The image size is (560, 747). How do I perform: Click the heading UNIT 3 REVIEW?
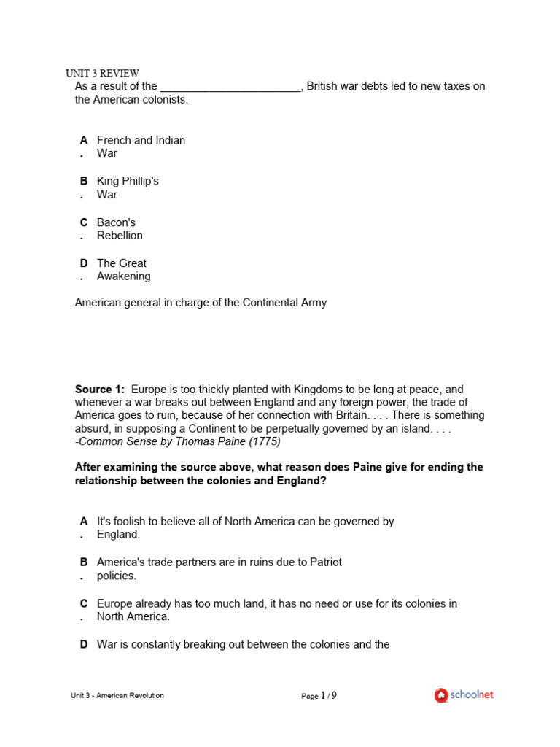pos(102,74)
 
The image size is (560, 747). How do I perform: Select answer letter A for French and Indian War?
pos(84,140)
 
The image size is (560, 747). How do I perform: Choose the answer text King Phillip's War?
pos(128,188)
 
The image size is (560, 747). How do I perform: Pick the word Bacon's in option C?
pos(116,222)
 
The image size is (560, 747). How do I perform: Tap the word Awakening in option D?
pos(124,276)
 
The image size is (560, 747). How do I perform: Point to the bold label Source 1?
pos(100,390)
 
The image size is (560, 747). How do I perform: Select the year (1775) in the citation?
pos(265,441)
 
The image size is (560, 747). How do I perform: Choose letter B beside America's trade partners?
pos(84,562)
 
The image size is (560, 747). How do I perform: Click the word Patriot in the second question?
pos(325,562)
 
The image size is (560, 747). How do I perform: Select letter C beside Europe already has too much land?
pos(84,604)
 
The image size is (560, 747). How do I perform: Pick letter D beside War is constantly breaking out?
pos(84,645)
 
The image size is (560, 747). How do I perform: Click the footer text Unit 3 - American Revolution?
pos(117,696)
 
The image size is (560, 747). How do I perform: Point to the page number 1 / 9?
pos(328,696)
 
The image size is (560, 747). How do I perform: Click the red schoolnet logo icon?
pos(440,695)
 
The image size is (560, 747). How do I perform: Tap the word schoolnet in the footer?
pos(471,695)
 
